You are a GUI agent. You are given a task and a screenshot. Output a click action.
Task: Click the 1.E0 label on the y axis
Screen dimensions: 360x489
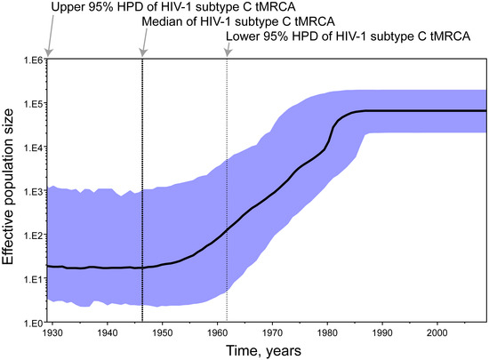point(31,323)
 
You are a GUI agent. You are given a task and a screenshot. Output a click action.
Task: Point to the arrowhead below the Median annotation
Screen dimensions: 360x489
point(142,56)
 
